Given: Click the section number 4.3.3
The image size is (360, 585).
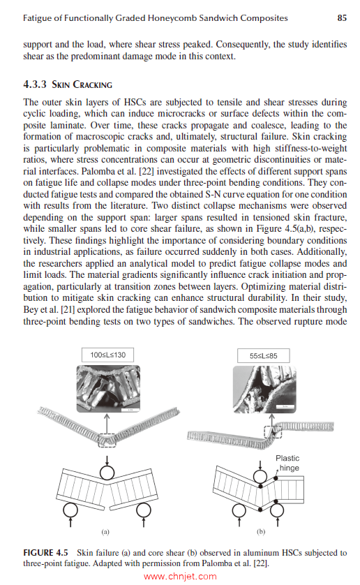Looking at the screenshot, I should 35,85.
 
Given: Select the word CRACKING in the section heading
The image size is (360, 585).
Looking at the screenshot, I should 91,85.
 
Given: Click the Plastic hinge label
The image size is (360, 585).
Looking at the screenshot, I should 287,464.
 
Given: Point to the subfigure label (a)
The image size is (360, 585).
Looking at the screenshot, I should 105,531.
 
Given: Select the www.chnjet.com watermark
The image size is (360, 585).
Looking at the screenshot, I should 180,576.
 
